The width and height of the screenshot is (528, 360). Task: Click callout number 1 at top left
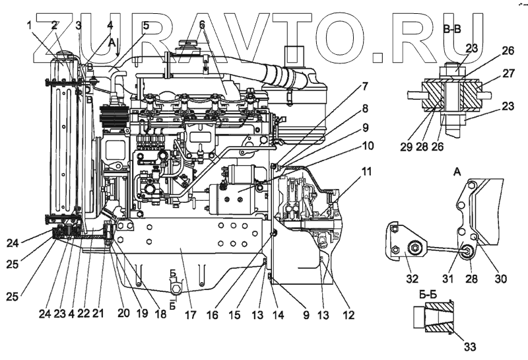(30, 25)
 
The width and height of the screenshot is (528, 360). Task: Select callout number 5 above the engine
(145, 25)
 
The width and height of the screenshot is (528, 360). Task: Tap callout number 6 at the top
(202, 25)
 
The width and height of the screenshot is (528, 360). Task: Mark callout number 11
(366, 172)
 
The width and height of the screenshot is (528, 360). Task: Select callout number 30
(502, 278)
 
